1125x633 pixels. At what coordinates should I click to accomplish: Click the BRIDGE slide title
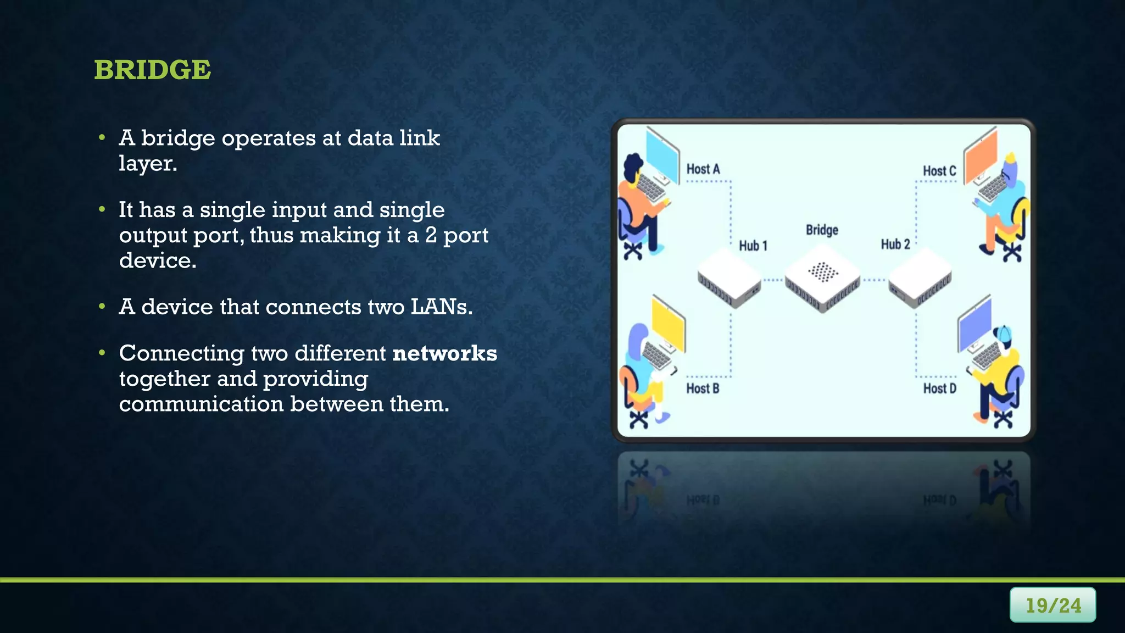coord(152,70)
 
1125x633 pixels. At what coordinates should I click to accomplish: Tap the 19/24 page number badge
coord(1052,605)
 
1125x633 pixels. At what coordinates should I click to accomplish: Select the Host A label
coord(703,169)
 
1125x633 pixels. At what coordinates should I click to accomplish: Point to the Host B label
coord(702,388)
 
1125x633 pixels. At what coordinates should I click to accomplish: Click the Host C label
coord(939,171)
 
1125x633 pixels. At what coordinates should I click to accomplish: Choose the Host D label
coord(939,388)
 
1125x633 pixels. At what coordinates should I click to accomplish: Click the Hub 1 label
coord(753,246)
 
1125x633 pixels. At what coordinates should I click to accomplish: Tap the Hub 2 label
coord(895,244)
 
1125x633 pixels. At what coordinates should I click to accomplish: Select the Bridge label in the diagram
coord(822,230)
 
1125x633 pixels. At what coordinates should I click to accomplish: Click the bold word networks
coord(445,353)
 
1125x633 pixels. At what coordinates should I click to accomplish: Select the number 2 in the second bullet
coord(431,235)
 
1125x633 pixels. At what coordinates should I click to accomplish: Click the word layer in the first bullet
coord(147,164)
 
